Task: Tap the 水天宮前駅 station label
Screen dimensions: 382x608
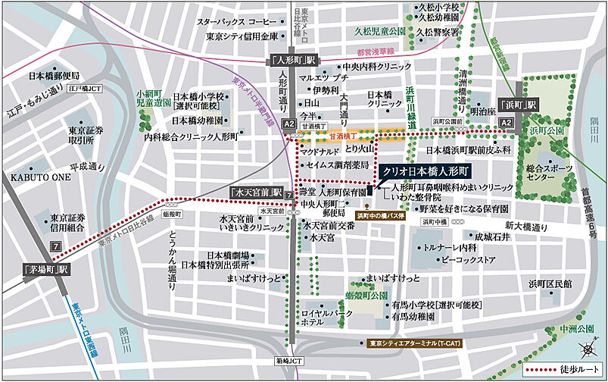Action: [x=257, y=193]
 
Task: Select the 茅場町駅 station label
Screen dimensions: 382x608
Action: [x=46, y=269]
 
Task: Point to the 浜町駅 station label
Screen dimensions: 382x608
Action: [x=518, y=105]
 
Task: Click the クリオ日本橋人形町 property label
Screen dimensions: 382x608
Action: [x=426, y=172]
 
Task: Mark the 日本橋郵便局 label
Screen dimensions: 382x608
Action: [x=54, y=76]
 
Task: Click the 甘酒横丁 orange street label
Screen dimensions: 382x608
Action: [x=342, y=137]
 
